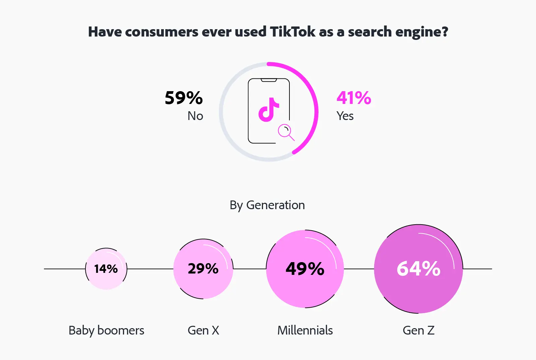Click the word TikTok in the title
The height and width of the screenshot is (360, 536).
(292, 32)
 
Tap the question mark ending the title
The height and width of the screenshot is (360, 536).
(445, 32)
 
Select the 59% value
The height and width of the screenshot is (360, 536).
(184, 98)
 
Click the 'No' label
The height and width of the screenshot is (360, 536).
(195, 116)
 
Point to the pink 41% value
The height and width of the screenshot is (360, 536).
(354, 98)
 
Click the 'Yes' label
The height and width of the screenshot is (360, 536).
(345, 116)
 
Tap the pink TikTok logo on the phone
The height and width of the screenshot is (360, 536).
(268, 110)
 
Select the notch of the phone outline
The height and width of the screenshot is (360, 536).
(269, 80)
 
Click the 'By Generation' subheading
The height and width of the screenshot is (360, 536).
(267, 205)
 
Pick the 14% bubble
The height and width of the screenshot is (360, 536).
(106, 269)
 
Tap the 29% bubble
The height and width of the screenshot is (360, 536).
(203, 269)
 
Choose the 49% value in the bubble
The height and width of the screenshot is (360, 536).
(305, 269)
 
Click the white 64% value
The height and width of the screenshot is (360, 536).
(418, 269)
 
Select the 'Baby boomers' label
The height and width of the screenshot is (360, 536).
(106, 331)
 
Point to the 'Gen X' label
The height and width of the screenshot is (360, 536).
(203, 331)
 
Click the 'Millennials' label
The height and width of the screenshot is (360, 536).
(305, 331)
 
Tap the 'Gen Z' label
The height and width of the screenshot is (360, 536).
(418, 331)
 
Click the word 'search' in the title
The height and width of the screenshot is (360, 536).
(370, 32)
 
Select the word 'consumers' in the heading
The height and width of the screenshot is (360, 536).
(162, 32)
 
